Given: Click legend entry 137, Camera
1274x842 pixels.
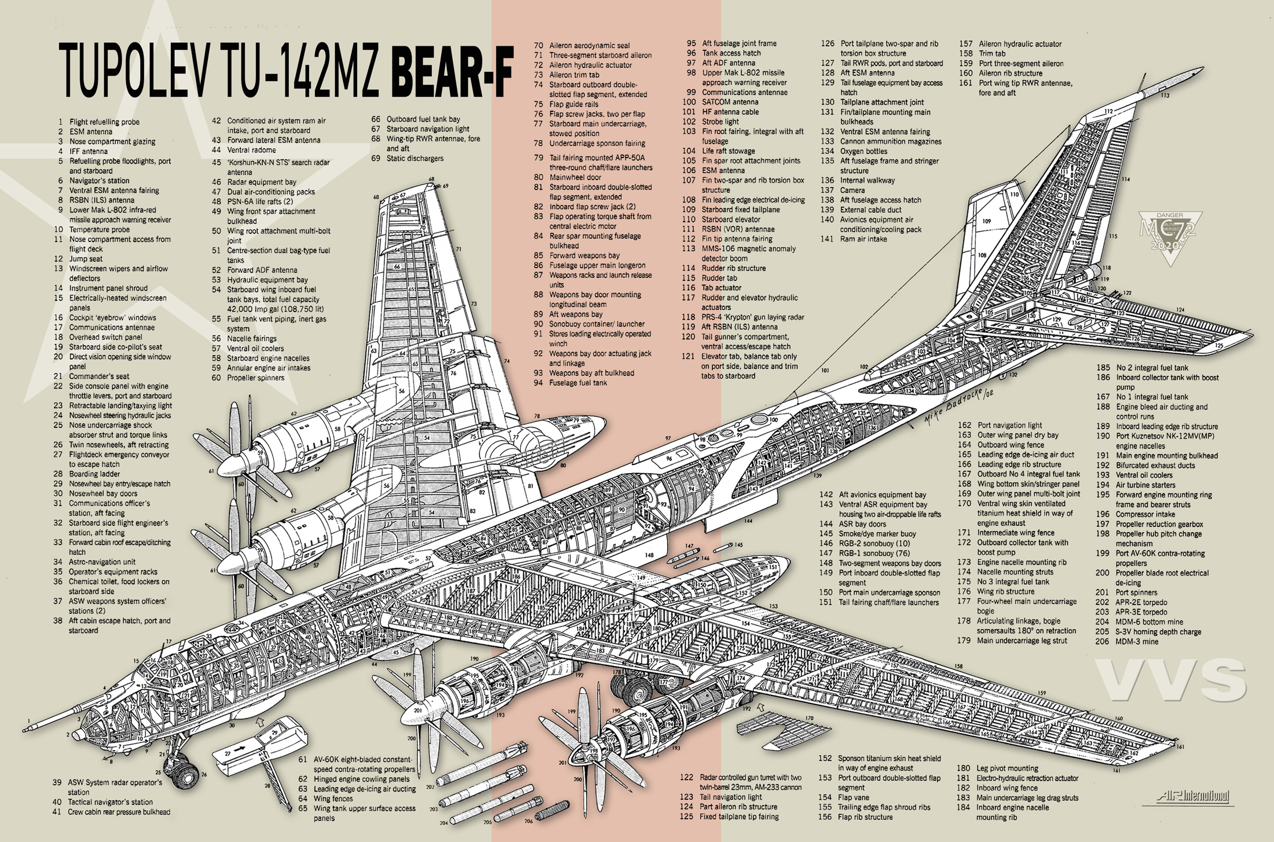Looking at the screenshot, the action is coord(852,191).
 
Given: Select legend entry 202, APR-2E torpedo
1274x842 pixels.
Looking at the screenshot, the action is coord(1141,602).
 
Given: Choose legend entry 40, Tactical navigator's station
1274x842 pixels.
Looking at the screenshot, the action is coord(110,803).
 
